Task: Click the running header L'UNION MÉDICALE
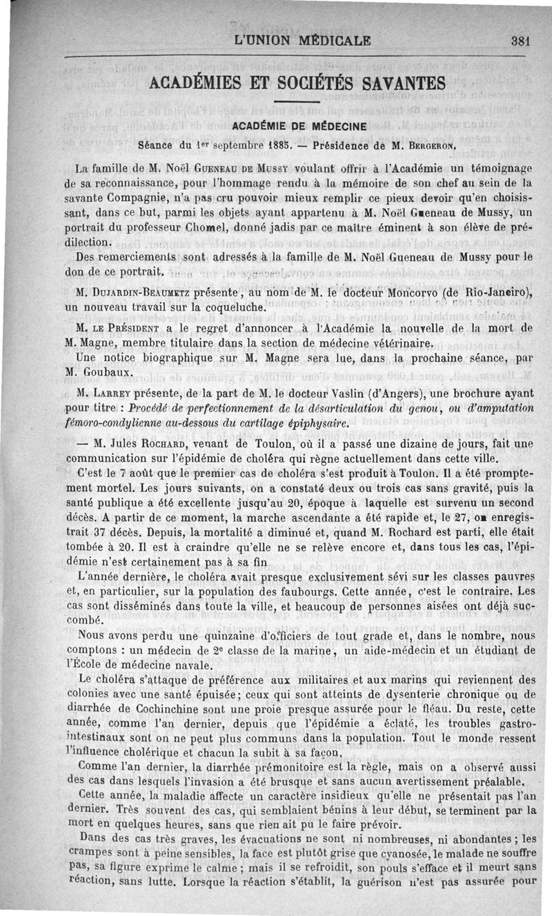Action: (x=303, y=40)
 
